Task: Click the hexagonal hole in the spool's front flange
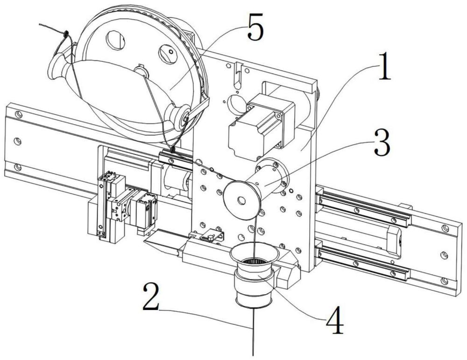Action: tap(241, 200)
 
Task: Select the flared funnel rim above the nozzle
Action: tap(254, 253)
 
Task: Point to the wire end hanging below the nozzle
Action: tap(253, 332)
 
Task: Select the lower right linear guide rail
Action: tap(363, 261)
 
